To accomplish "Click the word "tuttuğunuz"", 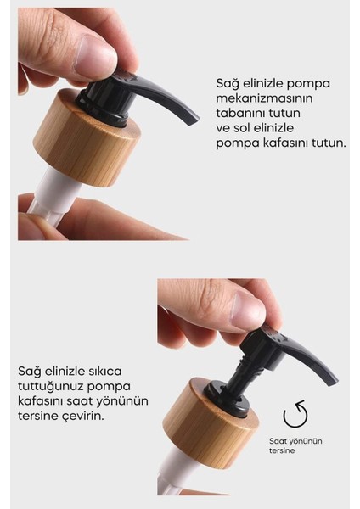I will pos(47,385).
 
